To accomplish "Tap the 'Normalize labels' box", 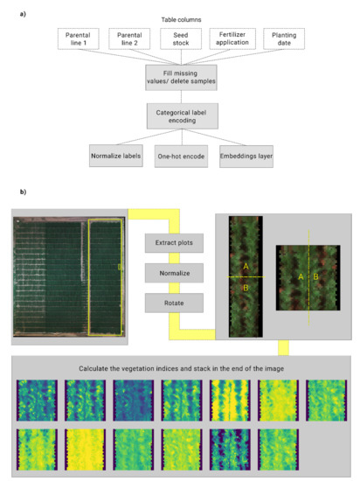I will click(x=116, y=157).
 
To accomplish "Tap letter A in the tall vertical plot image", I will click(x=246, y=265).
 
